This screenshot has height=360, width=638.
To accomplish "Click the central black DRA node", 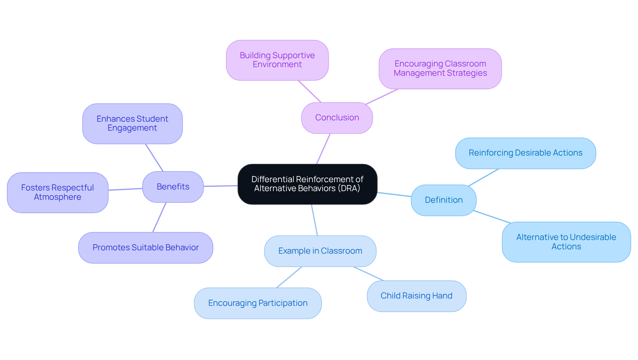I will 307,184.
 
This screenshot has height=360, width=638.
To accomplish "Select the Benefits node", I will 173,187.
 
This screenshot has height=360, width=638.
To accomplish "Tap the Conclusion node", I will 337,118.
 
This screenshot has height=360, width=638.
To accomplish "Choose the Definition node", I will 444,200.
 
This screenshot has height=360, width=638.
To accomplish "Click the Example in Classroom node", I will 320,251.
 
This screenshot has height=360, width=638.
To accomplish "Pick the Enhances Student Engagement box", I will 132,123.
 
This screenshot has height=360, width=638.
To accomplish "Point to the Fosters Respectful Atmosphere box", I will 57,192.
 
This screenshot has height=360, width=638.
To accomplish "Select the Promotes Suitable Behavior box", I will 146,248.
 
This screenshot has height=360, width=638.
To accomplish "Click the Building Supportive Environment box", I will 277,60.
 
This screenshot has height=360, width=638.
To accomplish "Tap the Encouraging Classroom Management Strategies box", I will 440,68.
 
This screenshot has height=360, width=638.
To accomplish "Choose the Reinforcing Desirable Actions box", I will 525,153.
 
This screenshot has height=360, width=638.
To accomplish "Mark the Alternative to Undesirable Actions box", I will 566,242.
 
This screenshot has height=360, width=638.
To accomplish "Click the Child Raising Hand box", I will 416,296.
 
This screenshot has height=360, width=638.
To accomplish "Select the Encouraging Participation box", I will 258,303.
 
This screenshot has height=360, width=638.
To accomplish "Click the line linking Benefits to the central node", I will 221,186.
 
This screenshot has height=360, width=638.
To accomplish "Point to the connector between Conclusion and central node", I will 323,149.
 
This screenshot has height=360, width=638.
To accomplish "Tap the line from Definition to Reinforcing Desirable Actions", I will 483,177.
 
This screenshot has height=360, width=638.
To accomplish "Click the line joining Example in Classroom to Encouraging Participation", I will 289,277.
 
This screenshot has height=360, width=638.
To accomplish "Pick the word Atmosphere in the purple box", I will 57,197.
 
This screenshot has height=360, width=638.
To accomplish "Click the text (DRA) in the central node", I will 349,188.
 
